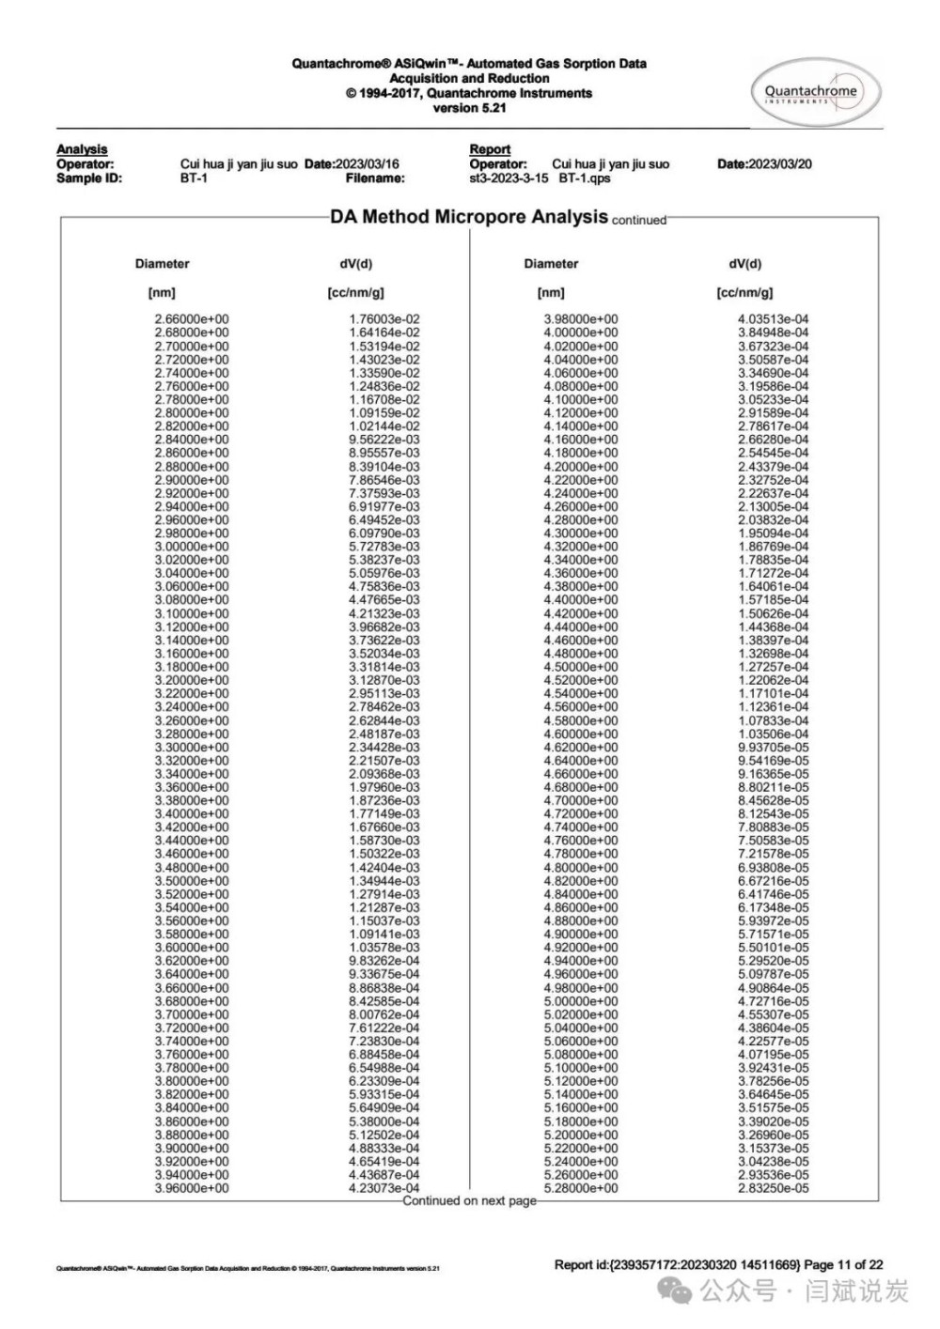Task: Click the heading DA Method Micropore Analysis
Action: point(468,217)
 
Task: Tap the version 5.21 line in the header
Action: point(469,108)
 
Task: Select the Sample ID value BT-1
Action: point(194,178)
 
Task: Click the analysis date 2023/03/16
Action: point(368,163)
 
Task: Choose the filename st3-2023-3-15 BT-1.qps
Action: point(540,178)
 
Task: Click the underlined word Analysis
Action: point(82,149)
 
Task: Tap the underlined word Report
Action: point(490,149)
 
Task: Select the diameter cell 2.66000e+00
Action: point(192,319)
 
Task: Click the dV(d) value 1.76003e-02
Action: point(384,319)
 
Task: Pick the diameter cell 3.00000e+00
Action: point(192,547)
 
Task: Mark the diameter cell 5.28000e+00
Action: point(581,1188)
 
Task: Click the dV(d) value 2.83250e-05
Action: point(773,1188)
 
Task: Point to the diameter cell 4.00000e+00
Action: point(581,332)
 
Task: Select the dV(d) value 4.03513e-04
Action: point(773,319)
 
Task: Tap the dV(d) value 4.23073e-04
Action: point(384,1188)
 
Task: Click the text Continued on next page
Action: point(469,1200)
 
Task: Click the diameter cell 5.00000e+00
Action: point(581,1001)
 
